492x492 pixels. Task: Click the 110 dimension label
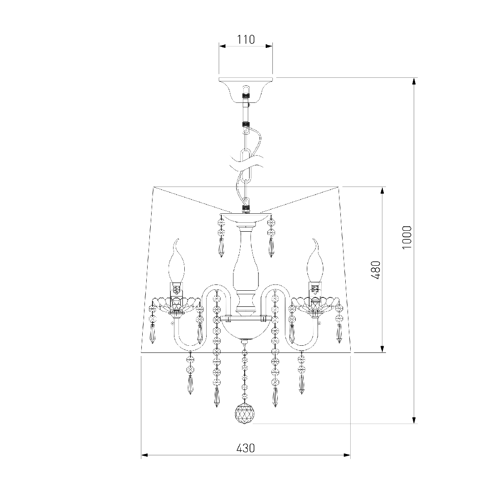coord(246,40)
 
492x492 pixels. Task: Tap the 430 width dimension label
coord(246,448)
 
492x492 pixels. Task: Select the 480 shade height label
coord(376,270)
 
